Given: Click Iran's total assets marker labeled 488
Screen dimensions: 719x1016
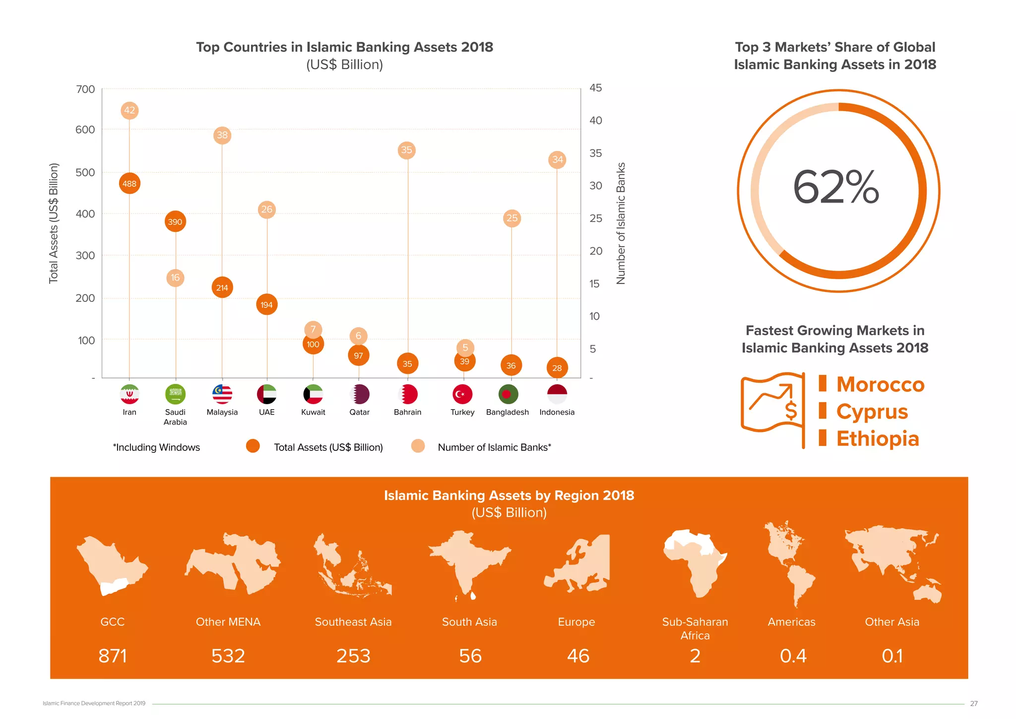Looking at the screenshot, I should [129, 184].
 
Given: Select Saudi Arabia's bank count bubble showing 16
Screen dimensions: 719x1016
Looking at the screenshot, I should [175, 278].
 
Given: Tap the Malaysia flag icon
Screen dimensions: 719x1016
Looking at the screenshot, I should [222, 394].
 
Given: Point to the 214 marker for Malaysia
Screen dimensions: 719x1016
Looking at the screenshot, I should [222, 288].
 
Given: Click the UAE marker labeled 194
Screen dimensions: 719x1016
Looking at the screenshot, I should [267, 304].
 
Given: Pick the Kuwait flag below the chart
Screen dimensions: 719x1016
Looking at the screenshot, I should [313, 394].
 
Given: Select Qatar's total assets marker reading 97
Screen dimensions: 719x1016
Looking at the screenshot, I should [359, 356].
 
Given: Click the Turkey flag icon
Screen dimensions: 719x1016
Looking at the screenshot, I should [462, 394].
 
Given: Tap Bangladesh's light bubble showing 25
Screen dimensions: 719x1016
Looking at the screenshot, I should [512, 218].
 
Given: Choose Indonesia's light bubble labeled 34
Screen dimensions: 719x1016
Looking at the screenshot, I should [558, 159].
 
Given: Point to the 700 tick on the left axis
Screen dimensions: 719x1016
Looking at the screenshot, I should [85, 89].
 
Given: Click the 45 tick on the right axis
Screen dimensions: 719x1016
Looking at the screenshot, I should [596, 88].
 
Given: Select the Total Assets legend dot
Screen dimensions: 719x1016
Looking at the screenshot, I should [253, 446].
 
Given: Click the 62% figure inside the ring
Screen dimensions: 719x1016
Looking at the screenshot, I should [836, 188].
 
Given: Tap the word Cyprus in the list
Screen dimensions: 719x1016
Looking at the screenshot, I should [872, 412].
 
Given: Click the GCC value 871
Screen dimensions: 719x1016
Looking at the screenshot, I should [113, 656].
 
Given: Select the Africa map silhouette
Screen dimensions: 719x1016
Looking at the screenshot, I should [695, 563].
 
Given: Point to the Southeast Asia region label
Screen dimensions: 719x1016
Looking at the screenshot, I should [353, 622].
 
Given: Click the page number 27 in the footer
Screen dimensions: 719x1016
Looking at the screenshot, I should [974, 704].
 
